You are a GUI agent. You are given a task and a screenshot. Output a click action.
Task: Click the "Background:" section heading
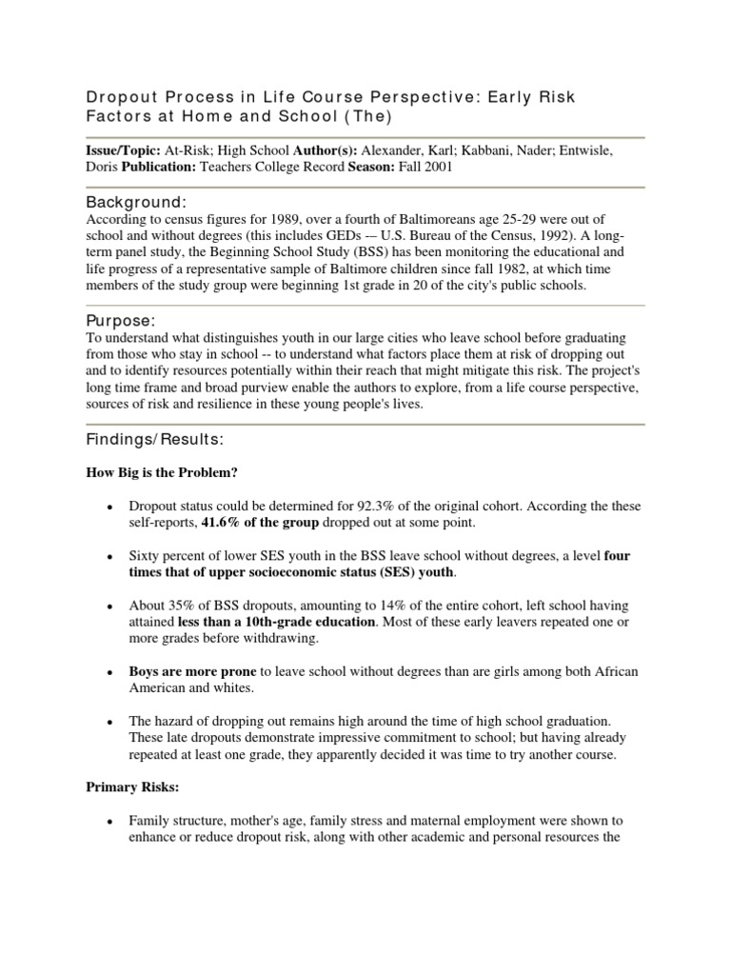coord(136,203)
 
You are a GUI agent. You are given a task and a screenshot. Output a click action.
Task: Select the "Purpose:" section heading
coord(122,320)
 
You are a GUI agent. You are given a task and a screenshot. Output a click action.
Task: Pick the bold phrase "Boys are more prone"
coord(193,670)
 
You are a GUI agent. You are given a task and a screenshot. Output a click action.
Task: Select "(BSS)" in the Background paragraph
coord(376,253)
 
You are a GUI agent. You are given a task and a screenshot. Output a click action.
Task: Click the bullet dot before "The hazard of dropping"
coord(112,721)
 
